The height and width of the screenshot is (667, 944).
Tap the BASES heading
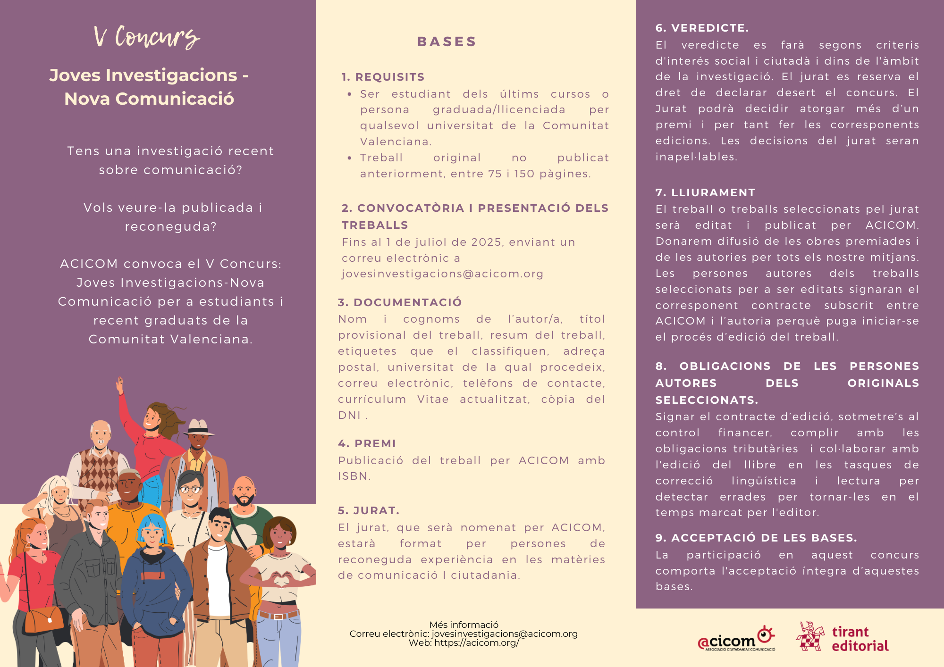pyautogui.click(x=447, y=42)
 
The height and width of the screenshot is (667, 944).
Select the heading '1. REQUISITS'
pyautogui.click(x=383, y=77)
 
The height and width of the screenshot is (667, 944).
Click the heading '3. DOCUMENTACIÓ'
pyautogui.click(x=400, y=302)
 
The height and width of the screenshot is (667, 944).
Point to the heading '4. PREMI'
pyautogui.click(x=367, y=443)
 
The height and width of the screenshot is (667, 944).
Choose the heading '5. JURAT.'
pyautogui.click(x=369, y=510)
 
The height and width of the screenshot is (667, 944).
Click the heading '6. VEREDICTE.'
pyautogui.click(x=702, y=28)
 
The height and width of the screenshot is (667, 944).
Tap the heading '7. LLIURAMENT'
pyautogui.click(x=705, y=192)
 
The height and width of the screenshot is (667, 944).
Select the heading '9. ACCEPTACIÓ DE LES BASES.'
pyautogui.click(x=756, y=538)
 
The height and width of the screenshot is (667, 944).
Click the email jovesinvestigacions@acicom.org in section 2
pyautogui.click(x=442, y=274)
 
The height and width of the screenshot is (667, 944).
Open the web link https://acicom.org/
pyautogui.click(x=476, y=643)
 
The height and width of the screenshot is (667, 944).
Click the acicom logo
pyautogui.click(x=736, y=639)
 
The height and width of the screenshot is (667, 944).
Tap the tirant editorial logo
pyautogui.click(x=843, y=638)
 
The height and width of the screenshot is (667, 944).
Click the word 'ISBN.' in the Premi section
pyautogui.click(x=354, y=476)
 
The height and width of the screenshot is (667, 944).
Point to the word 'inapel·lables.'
pyautogui.click(x=696, y=157)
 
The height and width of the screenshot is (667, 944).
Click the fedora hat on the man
pyautogui.click(x=198, y=426)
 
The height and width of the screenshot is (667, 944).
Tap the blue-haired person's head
pyautogui.click(x=152, y=528)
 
